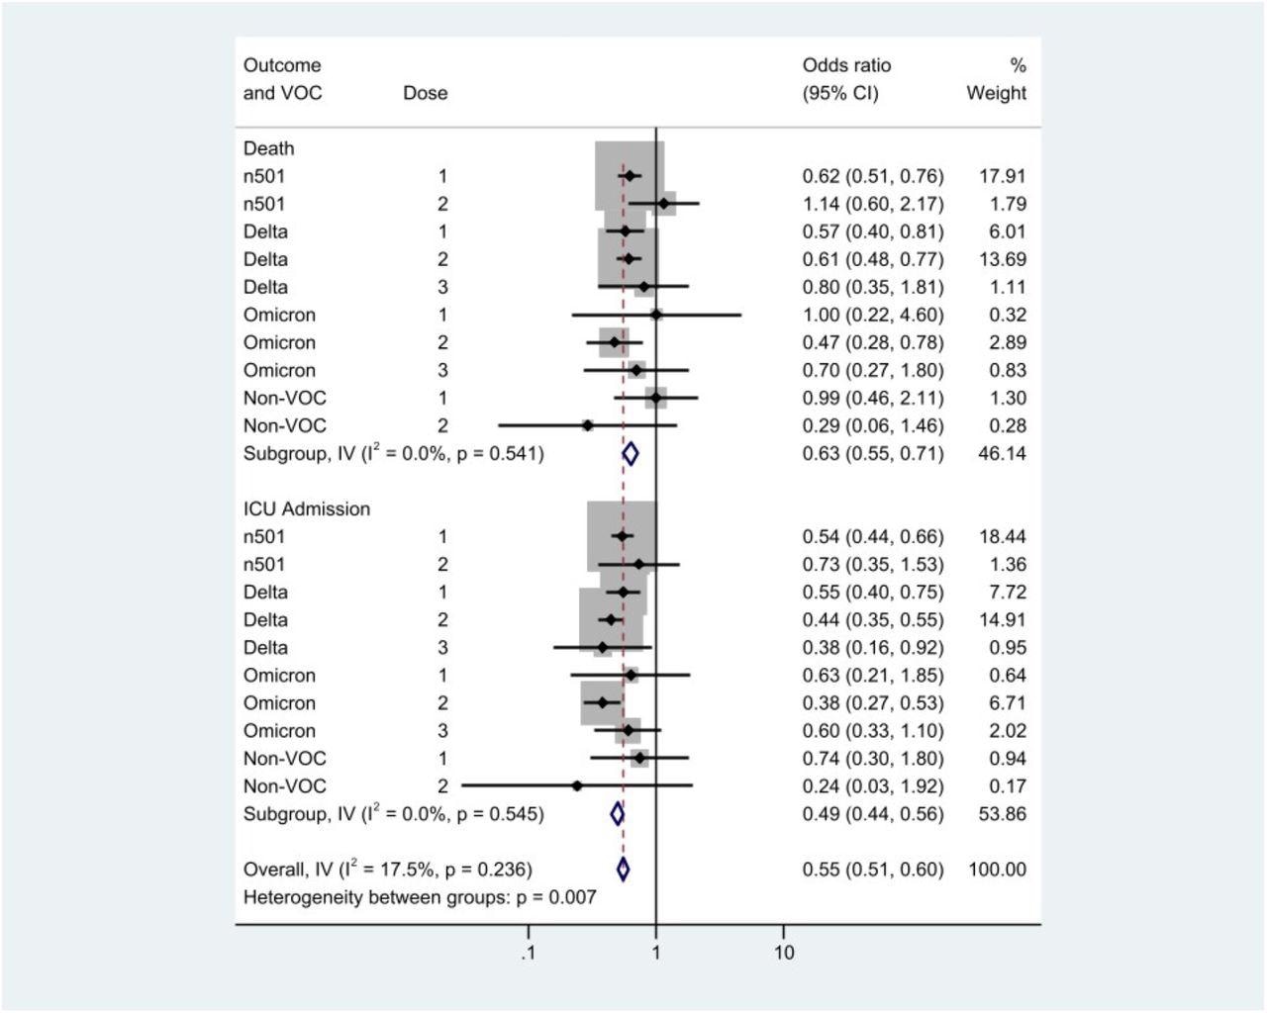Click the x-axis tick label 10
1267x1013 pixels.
[784, 954]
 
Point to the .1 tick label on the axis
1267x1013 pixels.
[528, 954]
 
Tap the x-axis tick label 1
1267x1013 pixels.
[656, 954]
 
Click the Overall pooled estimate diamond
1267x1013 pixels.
[623, 870]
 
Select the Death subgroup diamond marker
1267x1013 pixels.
[631, 454]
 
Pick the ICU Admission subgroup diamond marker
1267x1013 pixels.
[618, 814]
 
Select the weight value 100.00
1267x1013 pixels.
[997, 870]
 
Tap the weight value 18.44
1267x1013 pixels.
[1002, 537]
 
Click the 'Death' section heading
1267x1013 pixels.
[269, 148]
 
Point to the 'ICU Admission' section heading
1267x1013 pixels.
[307, 509]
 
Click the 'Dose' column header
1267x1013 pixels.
[425, 93]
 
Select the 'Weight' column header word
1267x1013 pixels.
[996, 93]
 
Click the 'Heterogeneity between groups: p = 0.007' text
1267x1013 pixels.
[420, 897]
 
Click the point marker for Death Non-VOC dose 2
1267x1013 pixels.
[588, 425]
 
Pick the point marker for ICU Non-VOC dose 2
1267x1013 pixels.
[577, 785]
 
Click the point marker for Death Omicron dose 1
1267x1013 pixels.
[656, 315]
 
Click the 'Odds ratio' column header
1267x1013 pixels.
[846, 65]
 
